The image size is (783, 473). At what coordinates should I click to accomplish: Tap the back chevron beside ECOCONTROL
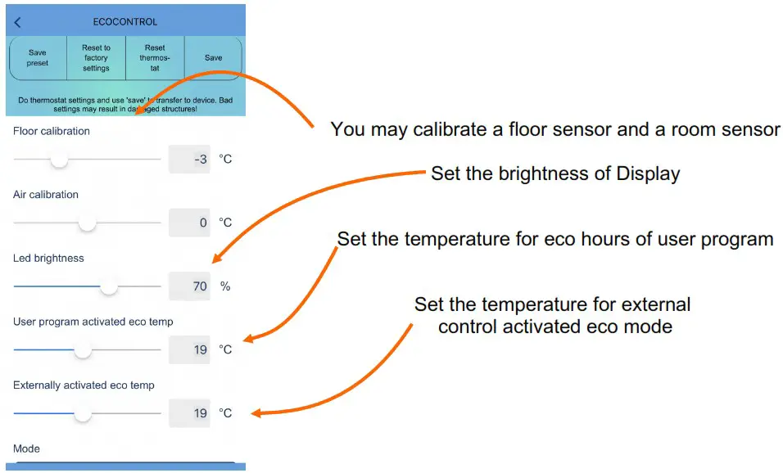pos(18,22)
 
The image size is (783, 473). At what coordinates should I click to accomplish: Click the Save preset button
pos(38,58)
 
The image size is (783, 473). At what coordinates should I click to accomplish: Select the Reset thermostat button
pos(155,58)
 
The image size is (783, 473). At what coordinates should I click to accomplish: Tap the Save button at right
pos(213,58)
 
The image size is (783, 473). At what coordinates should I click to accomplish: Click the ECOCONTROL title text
pos(125,22)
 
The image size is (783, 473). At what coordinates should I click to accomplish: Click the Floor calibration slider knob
pos(59,159)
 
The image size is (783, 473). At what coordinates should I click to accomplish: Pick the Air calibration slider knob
pos(87,223)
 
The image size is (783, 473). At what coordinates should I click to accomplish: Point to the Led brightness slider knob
pos(109,286)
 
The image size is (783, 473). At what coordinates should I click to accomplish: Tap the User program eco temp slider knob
pos(83,349)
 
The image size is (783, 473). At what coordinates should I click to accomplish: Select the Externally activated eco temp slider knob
pos(83,413)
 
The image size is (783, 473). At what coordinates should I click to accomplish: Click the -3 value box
pos(189,159)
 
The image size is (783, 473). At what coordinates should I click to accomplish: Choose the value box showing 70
pos(189,286)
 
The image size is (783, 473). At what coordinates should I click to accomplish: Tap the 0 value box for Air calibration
pos(189,223)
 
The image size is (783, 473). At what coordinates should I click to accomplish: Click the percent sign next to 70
pos(224,286)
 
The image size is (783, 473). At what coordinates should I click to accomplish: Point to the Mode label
pos(26,448)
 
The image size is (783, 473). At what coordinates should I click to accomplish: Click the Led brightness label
pos(48,259)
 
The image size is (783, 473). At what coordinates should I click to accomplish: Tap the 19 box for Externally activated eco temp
pos(189,413)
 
